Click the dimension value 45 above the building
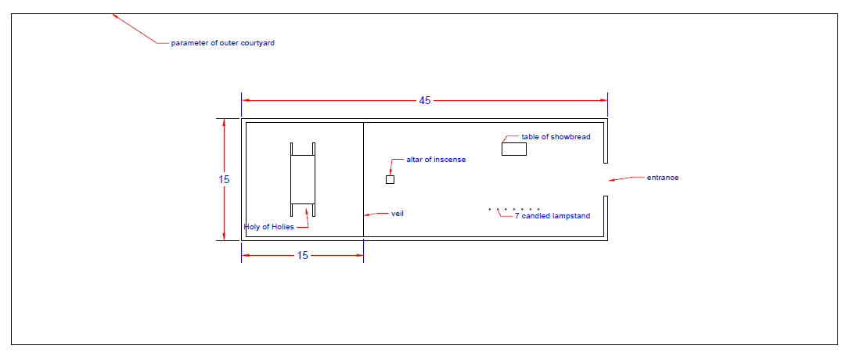point(424,101)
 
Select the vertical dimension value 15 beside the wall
point(224,179)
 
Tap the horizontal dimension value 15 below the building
point(303,255)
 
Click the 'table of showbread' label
point(556,136)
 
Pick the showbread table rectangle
point(514,149)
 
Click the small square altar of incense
point(390,179)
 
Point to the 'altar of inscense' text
point(436,160)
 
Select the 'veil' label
point(397,213)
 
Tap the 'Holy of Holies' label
point(268,227)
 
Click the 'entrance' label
point(662,178)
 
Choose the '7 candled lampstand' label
point(552,216)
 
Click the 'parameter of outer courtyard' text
point(222,43)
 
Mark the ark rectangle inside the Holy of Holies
point(303,179)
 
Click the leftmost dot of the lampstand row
point(490,209)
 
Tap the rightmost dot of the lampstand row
point(538,209)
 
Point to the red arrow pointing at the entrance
point(626,178)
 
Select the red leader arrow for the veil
point(376,214)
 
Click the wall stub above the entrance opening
point(606,141)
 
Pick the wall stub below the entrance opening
point(606,218)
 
